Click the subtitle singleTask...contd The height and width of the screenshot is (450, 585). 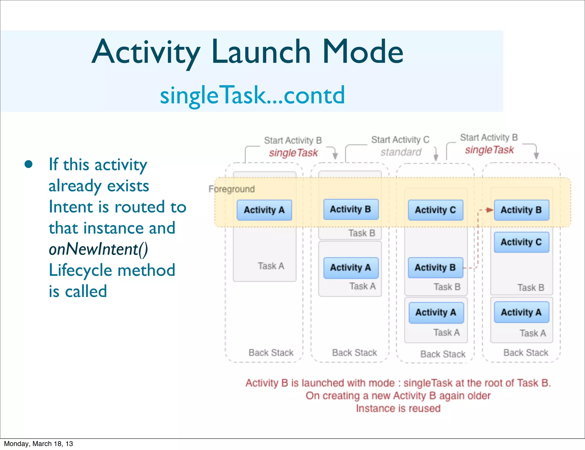tap(252, 95)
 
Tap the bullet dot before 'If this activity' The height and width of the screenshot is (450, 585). tap(28, 164)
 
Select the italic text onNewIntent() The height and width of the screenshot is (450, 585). tap(98, 249)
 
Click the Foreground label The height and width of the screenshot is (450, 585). tap(231, 189)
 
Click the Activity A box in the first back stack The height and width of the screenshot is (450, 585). tap(264, 210)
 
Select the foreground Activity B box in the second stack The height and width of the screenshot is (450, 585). tap(350, 209)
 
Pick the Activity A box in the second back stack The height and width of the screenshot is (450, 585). tap(350, 268)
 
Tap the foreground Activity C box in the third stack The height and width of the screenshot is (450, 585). tap(435, 210)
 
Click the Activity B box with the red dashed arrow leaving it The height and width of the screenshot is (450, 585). tap(435, 268)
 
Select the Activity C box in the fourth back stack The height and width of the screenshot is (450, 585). tap(521, 242)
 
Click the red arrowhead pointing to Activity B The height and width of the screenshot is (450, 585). tap(490, 210)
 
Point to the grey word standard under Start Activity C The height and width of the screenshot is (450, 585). tap(401, 152)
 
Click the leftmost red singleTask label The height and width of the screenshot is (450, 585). tap(293, 153)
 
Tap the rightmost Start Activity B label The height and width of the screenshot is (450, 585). tap(489, 137)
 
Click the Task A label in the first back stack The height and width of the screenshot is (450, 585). tap(271, 266)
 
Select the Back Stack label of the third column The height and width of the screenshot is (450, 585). tap(443, 354)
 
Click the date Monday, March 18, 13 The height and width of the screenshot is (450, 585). tap(38, 444)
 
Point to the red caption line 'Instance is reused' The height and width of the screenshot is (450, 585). tap(398, 408)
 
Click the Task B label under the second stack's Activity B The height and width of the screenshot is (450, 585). tap(361, 233)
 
